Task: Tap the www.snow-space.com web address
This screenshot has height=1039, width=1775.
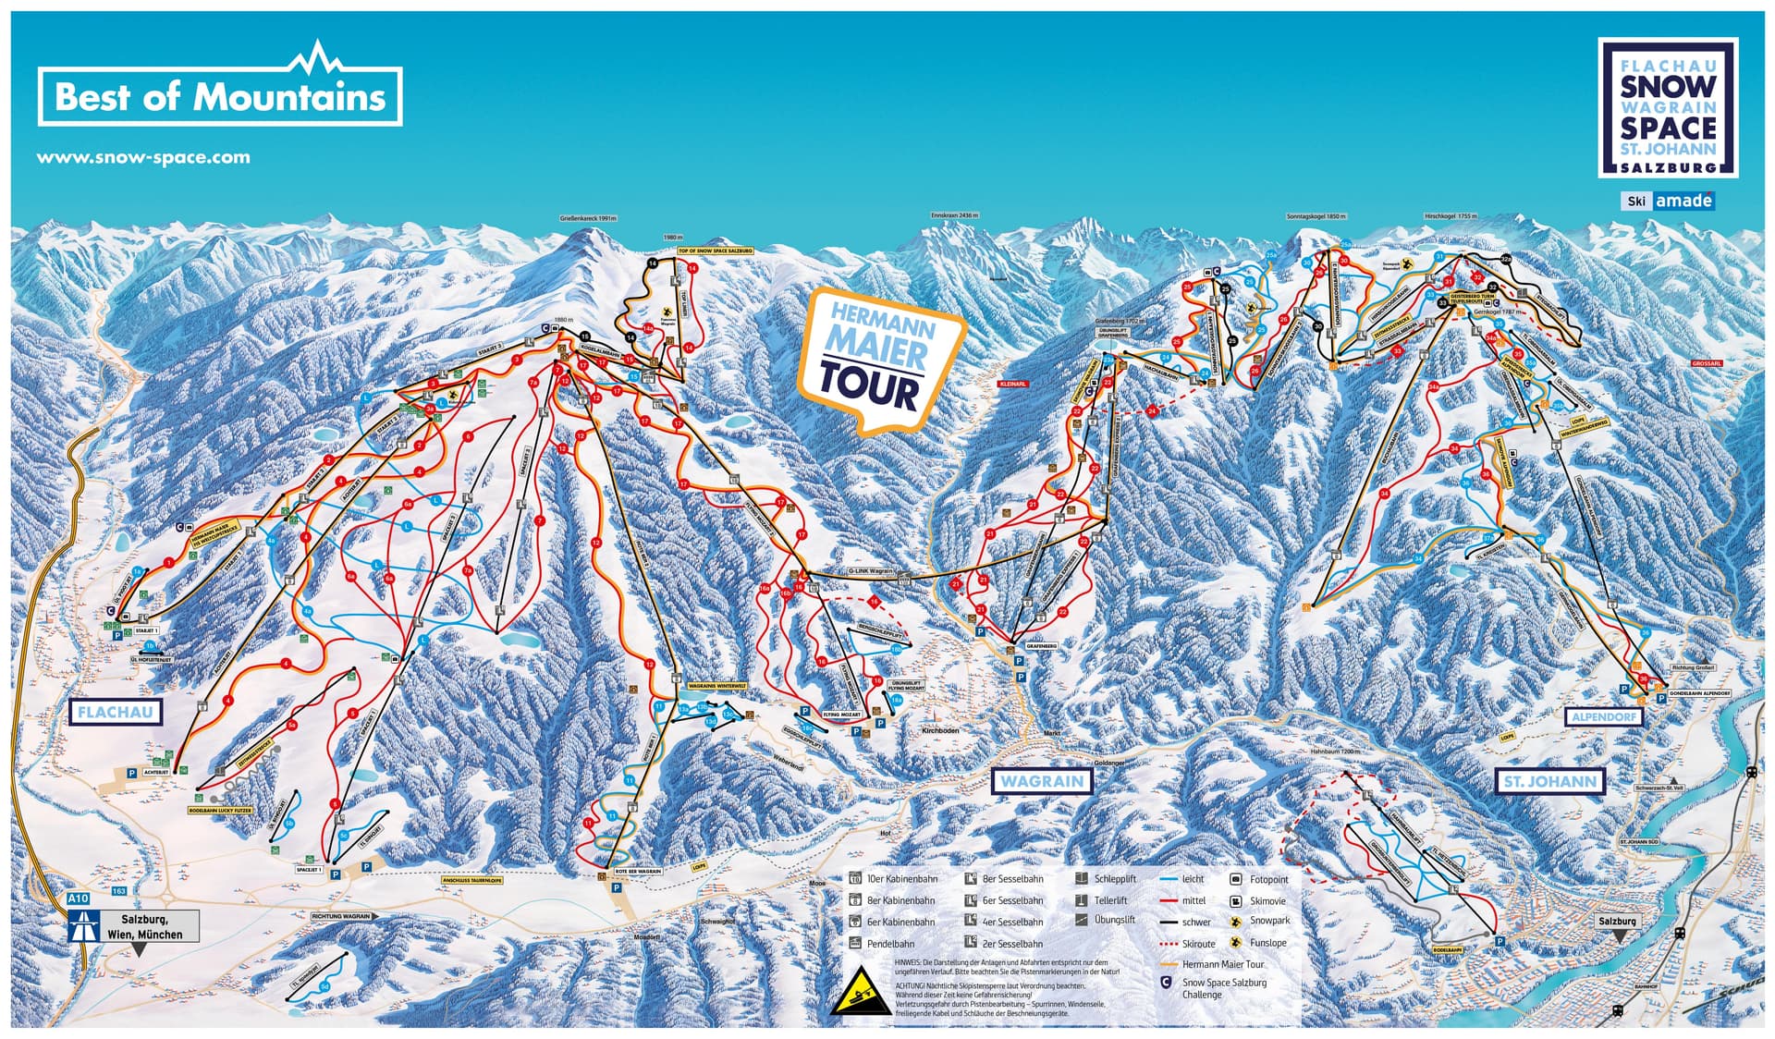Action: click(x=143, y=157)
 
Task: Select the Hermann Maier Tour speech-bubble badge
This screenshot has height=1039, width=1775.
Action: click(x=878, y=361)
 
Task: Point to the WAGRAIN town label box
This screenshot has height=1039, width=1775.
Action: click(x=1042, y=780)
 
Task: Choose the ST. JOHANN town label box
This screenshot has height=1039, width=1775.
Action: click(x=1550, y=781)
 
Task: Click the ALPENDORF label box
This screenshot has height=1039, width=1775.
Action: click(x=1604, y=716)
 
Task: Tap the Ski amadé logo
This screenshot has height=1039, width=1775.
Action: click(x=1669, y=201)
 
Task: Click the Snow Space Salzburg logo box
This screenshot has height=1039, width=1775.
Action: click(x=1668, y=107)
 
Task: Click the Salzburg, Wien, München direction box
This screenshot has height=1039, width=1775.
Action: click(x=144, y=926)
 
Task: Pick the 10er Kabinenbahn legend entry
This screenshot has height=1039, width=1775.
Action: click(x=893, y=879)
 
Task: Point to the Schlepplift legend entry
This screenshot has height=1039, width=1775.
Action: click(x=1107, y=879)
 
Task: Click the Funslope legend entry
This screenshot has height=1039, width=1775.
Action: click(x=1259, y=943)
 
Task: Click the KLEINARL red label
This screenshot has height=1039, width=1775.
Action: click(x=1012, y=384)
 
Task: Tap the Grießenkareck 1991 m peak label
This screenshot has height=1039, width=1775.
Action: click(x=588, y=219)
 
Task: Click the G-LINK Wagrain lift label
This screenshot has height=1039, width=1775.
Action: click(x=870, y=571)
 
